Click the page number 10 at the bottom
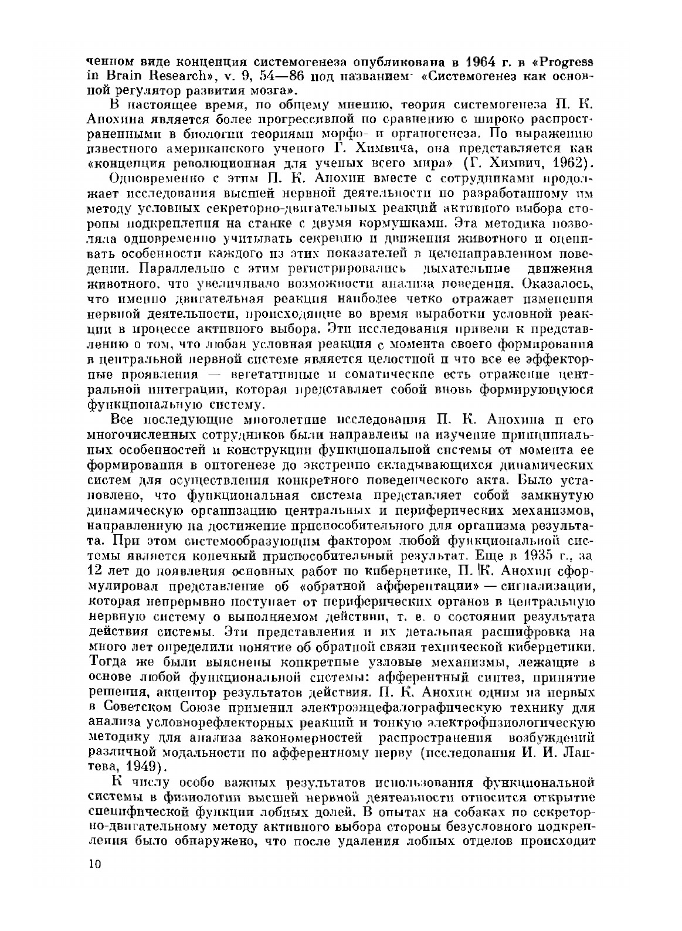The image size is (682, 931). point(94,864)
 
